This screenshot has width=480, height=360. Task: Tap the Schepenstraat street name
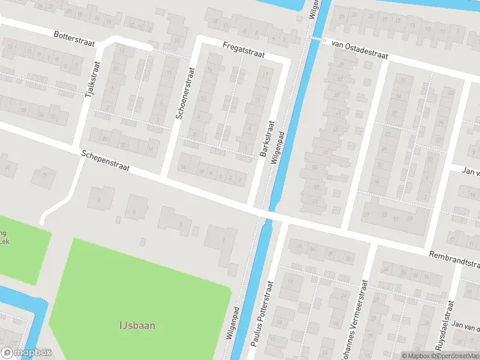click(x=106, y=162)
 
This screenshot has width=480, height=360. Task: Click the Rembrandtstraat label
click(x=454, y=260)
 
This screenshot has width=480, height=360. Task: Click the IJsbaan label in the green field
click(x=137, y=326)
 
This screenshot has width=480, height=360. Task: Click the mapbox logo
click(x=26, y=353)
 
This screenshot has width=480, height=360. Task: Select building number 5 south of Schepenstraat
click(x=134, y=211)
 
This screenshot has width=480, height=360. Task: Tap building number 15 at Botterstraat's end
click(x=177, y=41)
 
